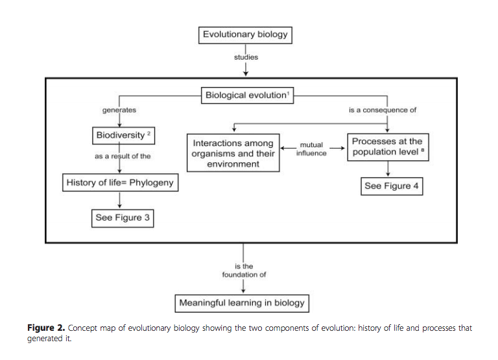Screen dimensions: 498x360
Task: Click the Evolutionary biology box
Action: click(245, 35)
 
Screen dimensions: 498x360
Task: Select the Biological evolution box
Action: click(248, 95)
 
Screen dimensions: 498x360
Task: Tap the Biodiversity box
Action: click(124, 136)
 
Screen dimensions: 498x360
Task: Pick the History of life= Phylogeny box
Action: click(121, 182)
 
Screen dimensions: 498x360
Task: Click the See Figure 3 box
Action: click(123, 218)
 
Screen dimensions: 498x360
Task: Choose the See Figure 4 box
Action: click(392, 186)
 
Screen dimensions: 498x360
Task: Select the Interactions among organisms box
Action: click(233, 153)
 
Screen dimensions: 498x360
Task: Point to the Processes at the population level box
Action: click(388, 147)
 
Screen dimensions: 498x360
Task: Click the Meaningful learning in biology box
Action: click(242, 304)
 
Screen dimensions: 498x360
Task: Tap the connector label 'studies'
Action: click(246, 57)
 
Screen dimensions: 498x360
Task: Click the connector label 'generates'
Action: click(119, 110)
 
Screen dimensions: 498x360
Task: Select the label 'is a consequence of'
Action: click(383, 110)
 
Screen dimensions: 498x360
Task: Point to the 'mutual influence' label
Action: click(311, 149)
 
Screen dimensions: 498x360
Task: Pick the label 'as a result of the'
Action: click(123, 156)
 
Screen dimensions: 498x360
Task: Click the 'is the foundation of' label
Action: click(244, 270)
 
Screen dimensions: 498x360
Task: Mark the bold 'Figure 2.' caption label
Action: click(46, 328)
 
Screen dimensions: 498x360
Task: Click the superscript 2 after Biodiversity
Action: click(148, 134)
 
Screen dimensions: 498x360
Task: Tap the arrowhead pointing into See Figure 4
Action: click(388, 174)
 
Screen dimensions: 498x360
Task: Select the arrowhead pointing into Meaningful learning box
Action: click(243, 291)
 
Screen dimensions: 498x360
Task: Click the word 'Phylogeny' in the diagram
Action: click(152, 183)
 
